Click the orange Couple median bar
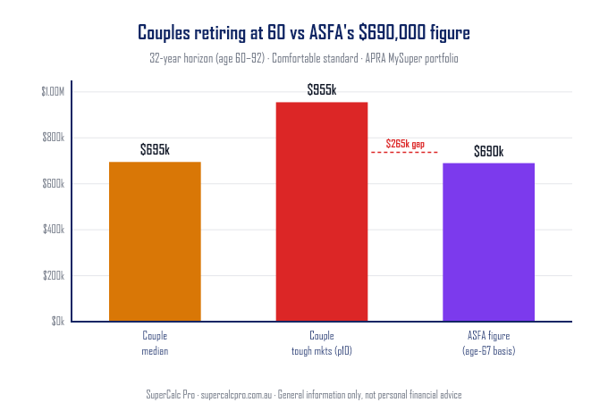pos(155,241)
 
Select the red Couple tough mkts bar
pos(321,212)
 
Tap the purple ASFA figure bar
pos(488,242)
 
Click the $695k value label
pos(155,150)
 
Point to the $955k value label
pos(321,90)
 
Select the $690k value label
pos(488,151)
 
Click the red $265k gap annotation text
pos(405,143)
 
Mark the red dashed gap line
pos(405,153)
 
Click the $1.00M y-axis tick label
pos(53,92)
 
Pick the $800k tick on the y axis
pos(54,138)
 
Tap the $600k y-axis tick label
pos(54,184)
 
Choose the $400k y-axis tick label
pos(54,230)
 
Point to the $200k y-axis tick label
pos(54,276)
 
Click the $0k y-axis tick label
pos(57,322)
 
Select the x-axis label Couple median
pos(155,344)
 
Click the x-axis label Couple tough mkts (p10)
pos(321,344)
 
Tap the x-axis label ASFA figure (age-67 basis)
pos(488,344)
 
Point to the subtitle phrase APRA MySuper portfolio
pos(415,58)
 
